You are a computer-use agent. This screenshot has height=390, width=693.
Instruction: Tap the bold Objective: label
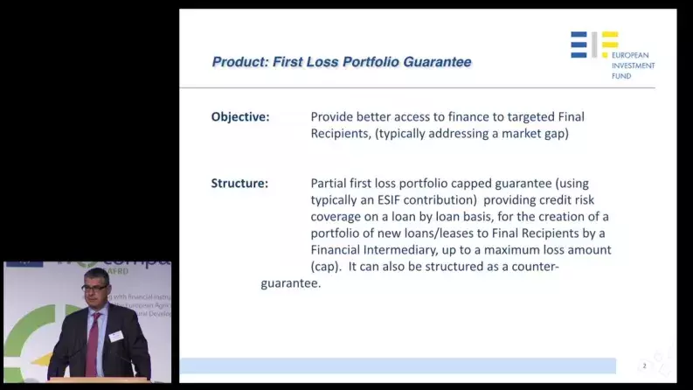(x=240, y=117)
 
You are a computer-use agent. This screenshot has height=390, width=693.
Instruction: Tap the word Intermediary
(x=414, y=250)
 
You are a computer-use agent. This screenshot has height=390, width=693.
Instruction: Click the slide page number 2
(x=644, y=366)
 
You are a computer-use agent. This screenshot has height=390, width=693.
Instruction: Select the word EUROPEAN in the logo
(x=634, y=55)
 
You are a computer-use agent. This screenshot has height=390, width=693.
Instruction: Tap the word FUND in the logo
(x=621, y=76)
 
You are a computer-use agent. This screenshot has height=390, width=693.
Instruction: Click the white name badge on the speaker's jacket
(x=115, y=336)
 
